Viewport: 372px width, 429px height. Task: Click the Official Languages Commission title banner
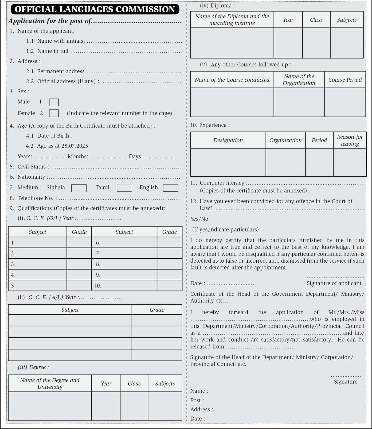[95, 9]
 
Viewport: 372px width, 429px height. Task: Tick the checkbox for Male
[54, 102]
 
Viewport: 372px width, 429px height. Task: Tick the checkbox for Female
[54, 113]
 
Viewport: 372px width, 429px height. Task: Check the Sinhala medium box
[79, 188]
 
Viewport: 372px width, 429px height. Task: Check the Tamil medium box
[124, 188]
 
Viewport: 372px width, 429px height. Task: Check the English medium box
[170, 188]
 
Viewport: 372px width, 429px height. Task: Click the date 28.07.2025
[75, 146]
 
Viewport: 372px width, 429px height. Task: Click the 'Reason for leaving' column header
[350, 140]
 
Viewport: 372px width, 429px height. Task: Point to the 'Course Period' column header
[345, 80]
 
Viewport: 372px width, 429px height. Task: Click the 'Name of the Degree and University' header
[50, 383]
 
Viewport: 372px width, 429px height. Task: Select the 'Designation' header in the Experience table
[228, 140]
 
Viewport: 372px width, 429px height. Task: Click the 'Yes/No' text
[199, 219]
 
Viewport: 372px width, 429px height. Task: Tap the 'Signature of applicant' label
[334, 283]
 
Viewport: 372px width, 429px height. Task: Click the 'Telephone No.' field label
[37, 198]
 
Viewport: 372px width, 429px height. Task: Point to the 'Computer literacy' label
[222, 183]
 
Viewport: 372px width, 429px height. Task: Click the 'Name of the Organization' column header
[299, 80]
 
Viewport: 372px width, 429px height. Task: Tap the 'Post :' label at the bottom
[197, 400]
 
